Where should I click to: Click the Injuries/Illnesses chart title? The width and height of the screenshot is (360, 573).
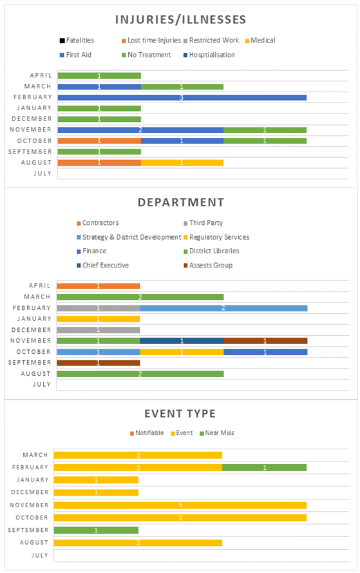point(181,20)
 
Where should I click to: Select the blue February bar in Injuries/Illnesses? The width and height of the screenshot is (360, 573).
point(182,97)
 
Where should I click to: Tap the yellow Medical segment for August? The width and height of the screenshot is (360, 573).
point(182,162)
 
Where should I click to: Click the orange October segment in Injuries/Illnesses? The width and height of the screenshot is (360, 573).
point(99,141)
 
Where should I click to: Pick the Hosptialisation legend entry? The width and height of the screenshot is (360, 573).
point(209,55)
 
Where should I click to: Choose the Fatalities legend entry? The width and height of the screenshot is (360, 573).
point(77,40)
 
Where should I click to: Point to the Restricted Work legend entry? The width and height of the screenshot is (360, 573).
point(211,40)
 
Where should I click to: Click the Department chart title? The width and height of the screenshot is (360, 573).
point(181,202)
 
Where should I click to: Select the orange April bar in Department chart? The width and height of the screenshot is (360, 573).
point(99,286)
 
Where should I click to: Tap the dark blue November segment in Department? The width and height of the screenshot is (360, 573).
point(182,341)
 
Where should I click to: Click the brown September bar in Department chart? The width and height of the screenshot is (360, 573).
point(99,363)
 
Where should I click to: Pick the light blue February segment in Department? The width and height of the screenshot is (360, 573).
point(223,308)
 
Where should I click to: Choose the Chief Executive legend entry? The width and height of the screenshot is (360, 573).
point(103,266)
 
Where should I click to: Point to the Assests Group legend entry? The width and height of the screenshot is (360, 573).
point(208,266)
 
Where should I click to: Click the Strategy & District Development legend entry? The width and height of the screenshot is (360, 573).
point(129,237)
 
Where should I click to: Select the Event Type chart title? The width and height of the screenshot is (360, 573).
point(180,414)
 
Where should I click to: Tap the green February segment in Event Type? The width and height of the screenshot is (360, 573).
point(264,468)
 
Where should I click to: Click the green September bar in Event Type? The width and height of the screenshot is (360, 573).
point(96,530)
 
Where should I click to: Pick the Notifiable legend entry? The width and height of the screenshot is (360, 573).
point(147,433)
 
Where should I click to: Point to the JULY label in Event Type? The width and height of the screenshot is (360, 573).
point(40,556)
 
